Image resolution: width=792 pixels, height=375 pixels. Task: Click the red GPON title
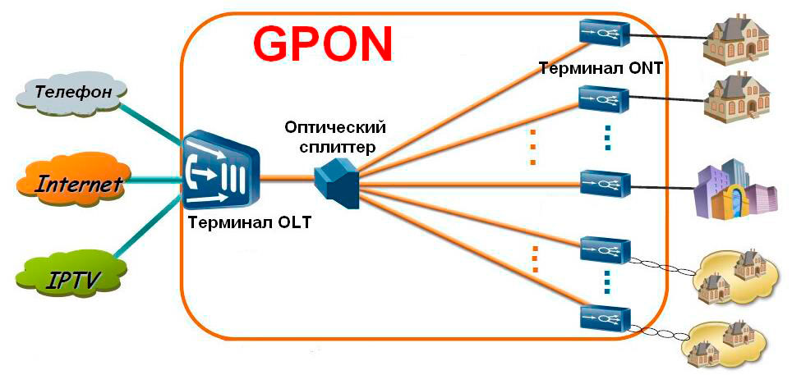[x=322, y=43]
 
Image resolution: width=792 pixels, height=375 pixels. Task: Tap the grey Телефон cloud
[x=70, y=92]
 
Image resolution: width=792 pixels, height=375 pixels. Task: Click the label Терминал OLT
[x=249, y=223]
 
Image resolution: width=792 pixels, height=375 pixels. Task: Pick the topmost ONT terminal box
[x=604, y=32]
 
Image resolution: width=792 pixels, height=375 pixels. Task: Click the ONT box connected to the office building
[x=604, y=181]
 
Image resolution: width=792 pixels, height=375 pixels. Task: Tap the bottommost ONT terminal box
[x=604, y=318]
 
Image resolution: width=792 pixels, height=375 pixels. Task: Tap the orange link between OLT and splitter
[x=288, y=176]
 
